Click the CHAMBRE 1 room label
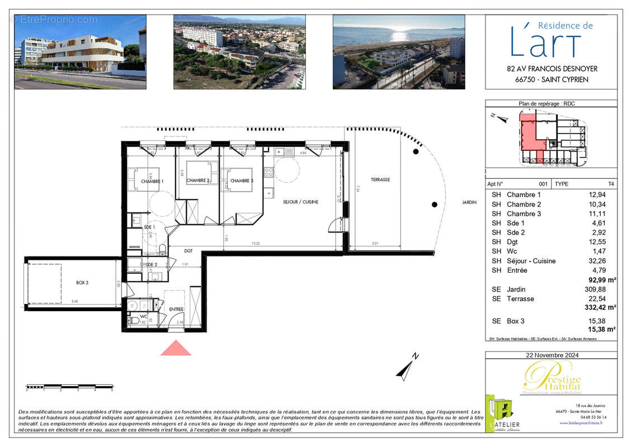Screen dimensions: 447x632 click(152, 182)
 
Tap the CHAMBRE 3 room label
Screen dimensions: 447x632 click(242, 181)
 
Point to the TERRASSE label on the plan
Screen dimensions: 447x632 click(380, 179)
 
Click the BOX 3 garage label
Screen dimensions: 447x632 click(82, 283)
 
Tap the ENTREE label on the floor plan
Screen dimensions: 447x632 click(177, 309)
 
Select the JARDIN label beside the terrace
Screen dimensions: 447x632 click(469, 202)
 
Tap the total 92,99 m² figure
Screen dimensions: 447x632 click(601, 280)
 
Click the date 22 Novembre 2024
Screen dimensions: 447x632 click(551, 355)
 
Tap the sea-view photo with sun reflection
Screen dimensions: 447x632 click(398, 51)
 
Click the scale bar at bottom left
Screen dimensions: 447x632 click(70, 386)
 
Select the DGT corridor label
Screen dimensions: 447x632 click(188, 251)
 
